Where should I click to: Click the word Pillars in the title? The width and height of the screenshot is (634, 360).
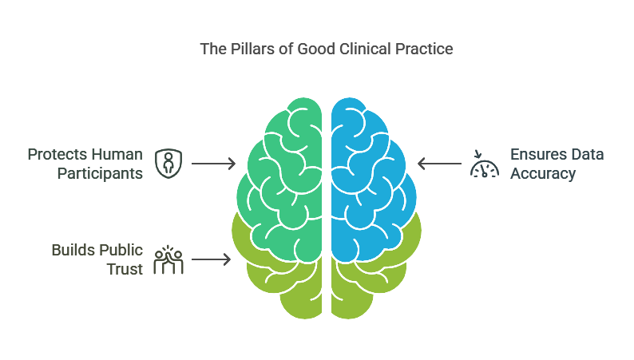pyautogui.click(x=248, y=49)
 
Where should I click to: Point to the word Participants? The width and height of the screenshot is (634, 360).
pyautogui.click(x=101, y=173)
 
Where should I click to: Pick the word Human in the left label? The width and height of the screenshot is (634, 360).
pyautogui.click(x=116, y=154)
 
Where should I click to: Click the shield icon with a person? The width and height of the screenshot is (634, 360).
pyautogui.click(x=167, y=164)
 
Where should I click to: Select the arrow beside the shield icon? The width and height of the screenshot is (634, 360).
pyautogui.click(x=213, y=164)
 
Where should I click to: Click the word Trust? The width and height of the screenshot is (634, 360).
pyautogui.click(x=125, y=269)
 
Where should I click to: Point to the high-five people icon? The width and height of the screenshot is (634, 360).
pyautogui.click(x=168, y=259)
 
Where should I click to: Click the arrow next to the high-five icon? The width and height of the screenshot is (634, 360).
pyautogui.click(x=212, y=259)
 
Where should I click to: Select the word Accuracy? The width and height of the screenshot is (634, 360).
pyautogui.click(x=544, y=173)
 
